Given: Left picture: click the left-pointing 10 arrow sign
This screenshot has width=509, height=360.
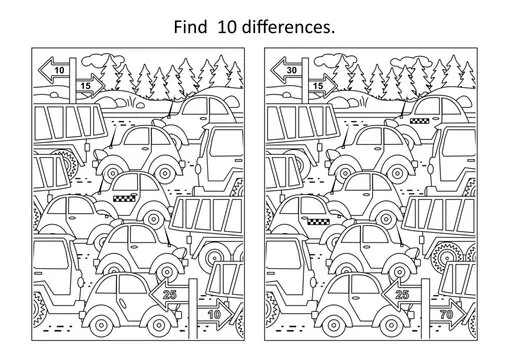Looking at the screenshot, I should coord(56,69).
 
